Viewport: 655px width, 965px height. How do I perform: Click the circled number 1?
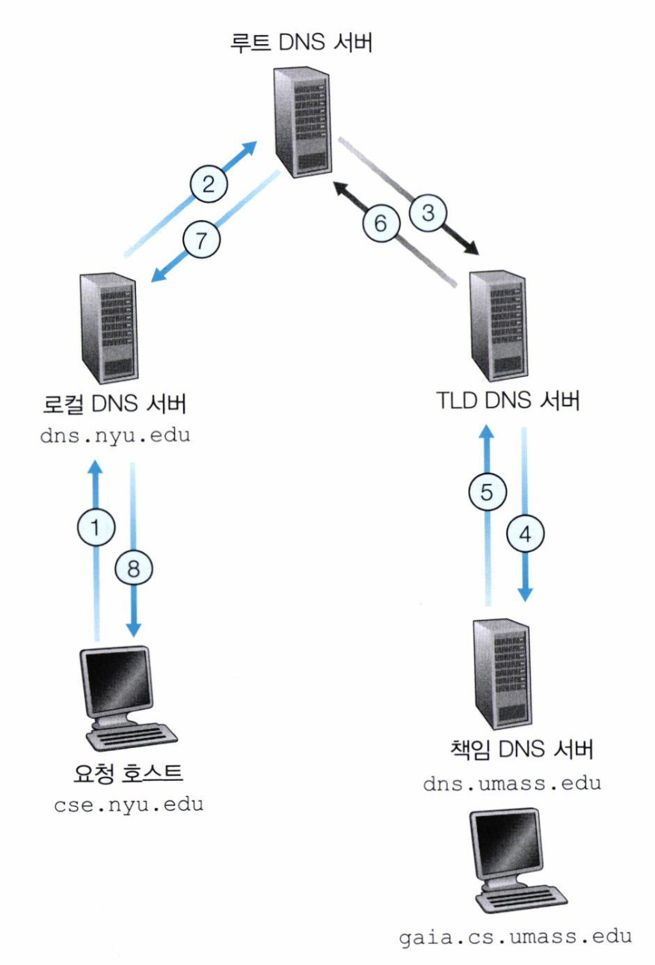coord(95,528)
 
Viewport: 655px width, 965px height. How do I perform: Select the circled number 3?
coord(428,212)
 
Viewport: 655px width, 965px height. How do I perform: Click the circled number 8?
coord(133,569)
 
